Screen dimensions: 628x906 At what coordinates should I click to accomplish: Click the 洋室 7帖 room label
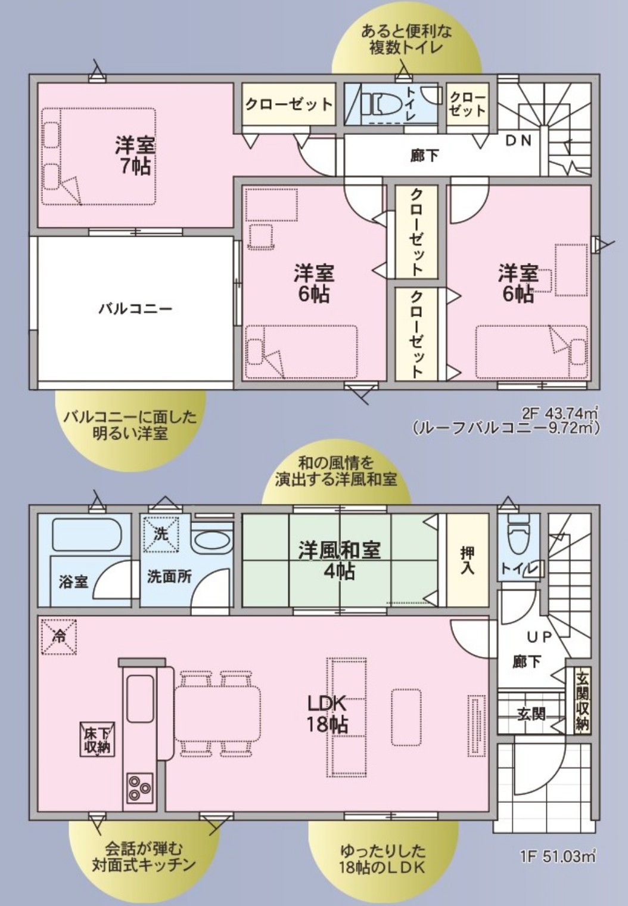click(135, 156)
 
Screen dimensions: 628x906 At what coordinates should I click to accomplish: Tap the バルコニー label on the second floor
click(135, 310)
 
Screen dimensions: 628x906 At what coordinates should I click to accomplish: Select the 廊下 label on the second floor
click(424, 155)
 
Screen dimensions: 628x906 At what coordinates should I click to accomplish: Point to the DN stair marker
click(518, 141)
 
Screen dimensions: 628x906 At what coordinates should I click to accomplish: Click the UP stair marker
click(539, 638)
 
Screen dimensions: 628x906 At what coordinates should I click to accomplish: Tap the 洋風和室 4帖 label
click(340, 561)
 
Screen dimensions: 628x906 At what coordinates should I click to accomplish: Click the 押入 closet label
click(468, 561)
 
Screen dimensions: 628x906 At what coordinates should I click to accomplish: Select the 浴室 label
click(73, 582)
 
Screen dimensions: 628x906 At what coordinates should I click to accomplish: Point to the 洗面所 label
click(169, 576)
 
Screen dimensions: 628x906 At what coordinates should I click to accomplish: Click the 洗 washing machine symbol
click(161, 534)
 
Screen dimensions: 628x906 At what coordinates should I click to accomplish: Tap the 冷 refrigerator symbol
click(60, 637)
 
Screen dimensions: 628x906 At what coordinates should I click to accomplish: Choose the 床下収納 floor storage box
click(97, 740)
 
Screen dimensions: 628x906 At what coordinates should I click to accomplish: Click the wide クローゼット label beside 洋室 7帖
click(288, 104)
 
